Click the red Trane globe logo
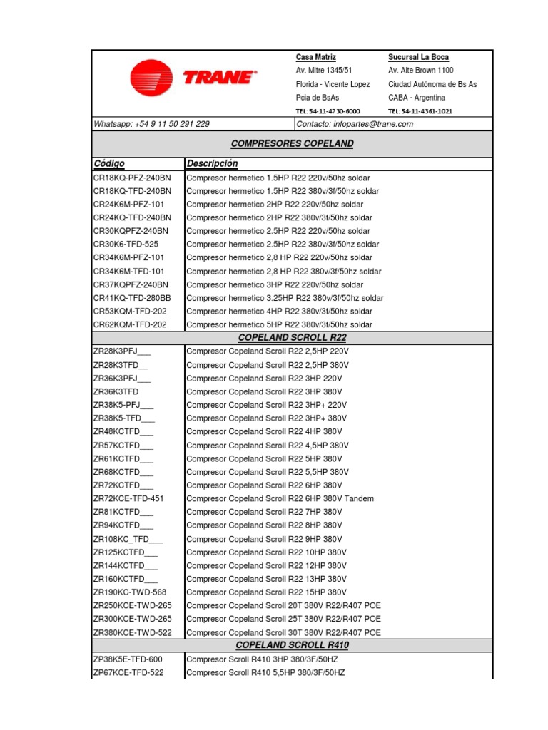point(151,78)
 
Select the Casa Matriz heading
point(315,57)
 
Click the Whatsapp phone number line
point(151,124)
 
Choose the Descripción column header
point(212,164)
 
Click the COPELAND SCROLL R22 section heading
point(292,338)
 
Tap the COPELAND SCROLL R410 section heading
point(292,645)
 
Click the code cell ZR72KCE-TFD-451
point(128,499)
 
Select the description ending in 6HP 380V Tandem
point(280,499)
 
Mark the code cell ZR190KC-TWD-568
point(130,592)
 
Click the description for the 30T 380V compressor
point(283,632)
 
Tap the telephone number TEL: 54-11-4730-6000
point(328,111)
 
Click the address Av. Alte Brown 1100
point(420,71)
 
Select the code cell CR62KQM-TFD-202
point(130,324)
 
